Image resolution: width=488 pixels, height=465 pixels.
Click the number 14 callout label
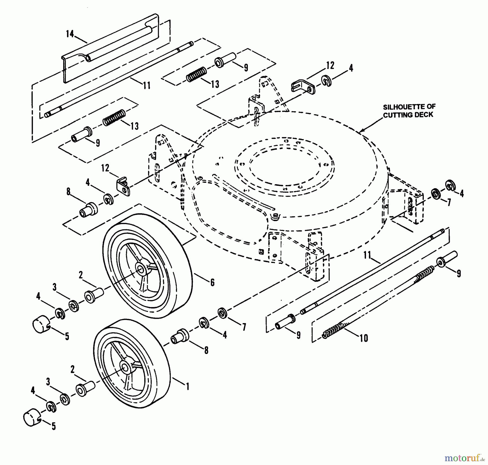point(70,34)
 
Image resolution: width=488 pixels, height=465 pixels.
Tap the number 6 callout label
point(212,282)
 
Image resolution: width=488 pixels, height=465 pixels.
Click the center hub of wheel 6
point(141,269)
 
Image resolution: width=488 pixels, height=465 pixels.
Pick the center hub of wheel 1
point(125,368)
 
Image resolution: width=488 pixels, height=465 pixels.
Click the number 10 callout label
point(364,338)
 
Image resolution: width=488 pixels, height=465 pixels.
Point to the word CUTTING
point(398,115)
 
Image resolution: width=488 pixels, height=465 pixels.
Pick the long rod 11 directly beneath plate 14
point(119,79)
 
